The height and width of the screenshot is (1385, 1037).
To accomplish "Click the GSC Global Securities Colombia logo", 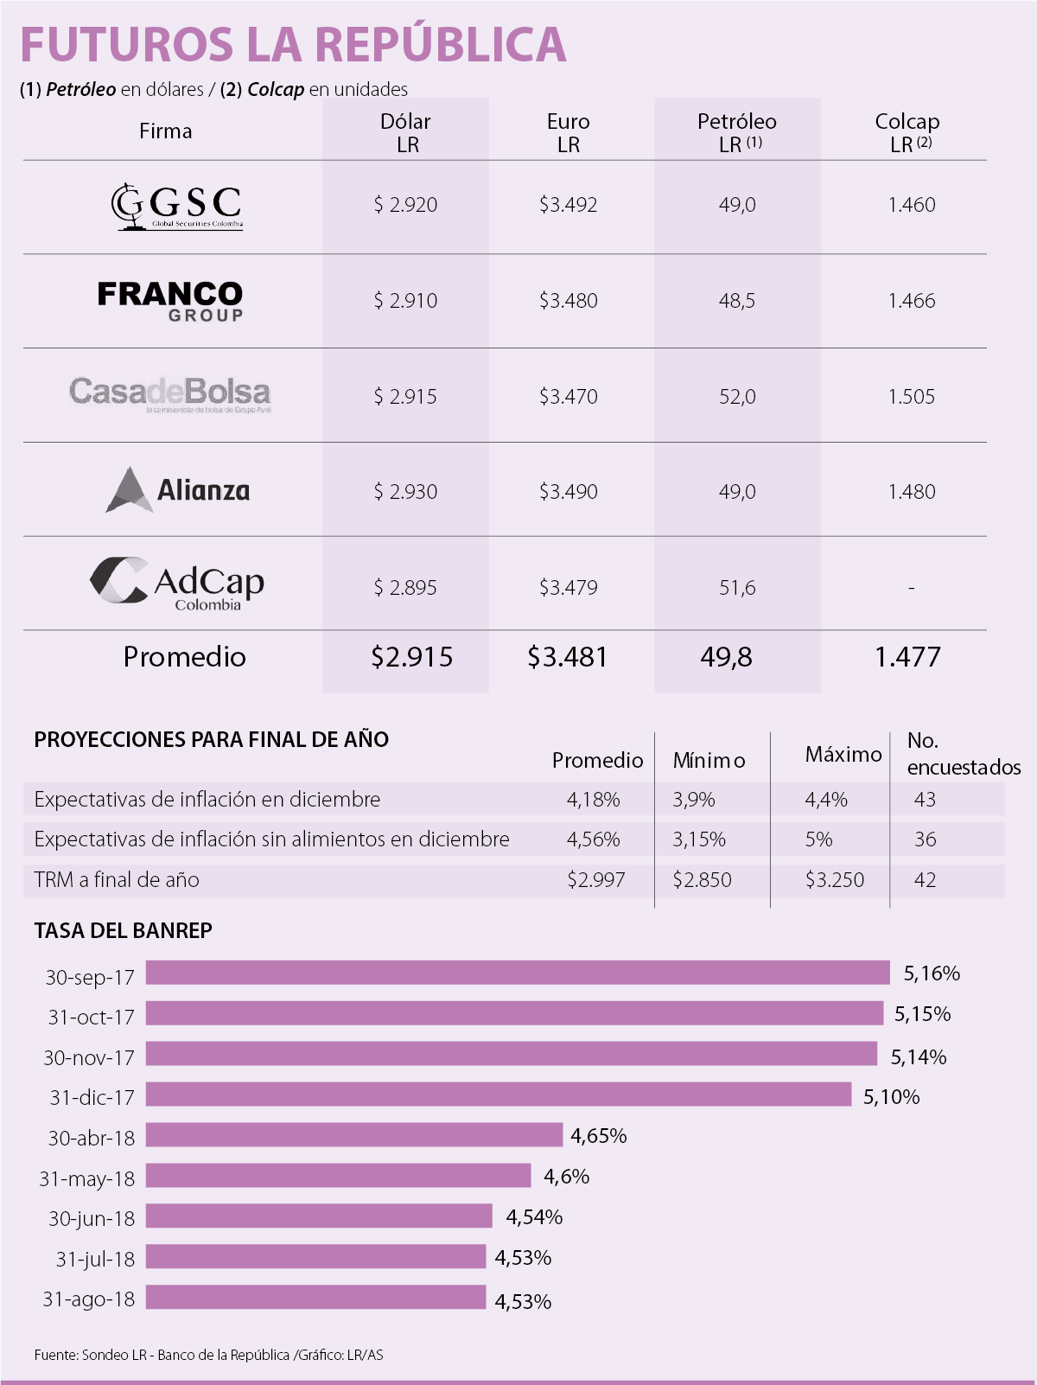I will point(176,206).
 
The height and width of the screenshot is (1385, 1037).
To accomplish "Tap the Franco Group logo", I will point(170,301).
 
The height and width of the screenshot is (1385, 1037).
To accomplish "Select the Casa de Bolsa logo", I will point(170,394).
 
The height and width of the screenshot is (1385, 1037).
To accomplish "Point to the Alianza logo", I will point(178,490).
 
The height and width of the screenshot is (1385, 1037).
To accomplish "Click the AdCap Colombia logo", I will point(177,584).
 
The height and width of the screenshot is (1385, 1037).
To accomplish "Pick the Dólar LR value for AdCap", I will point(405,588).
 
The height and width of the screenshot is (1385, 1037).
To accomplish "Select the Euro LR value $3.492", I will point(568,205).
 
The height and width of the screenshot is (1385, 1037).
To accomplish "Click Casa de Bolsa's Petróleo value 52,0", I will point(737,397).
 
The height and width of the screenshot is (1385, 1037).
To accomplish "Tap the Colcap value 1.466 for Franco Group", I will point(911,301).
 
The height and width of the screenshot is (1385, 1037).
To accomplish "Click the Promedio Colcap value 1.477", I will point(907,657).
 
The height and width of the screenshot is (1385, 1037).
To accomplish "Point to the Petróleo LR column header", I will point(737,132).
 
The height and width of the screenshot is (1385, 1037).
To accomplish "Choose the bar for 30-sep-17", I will point(517,973).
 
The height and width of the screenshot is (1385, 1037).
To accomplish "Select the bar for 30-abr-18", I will point(354,1135).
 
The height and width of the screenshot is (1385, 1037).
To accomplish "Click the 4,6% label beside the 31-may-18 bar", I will point(566,1177).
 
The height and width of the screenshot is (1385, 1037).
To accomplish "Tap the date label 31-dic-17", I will point(92,1097).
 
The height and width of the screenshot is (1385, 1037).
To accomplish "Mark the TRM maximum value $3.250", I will point(834,880).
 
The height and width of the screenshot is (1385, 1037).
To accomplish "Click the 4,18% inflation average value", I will point(593,800).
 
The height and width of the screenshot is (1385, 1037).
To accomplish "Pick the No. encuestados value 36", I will point(925,839).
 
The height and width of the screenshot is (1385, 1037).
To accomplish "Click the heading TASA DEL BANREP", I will point(123,930).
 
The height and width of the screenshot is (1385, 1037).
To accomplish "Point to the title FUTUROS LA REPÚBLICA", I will point(293,45).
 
